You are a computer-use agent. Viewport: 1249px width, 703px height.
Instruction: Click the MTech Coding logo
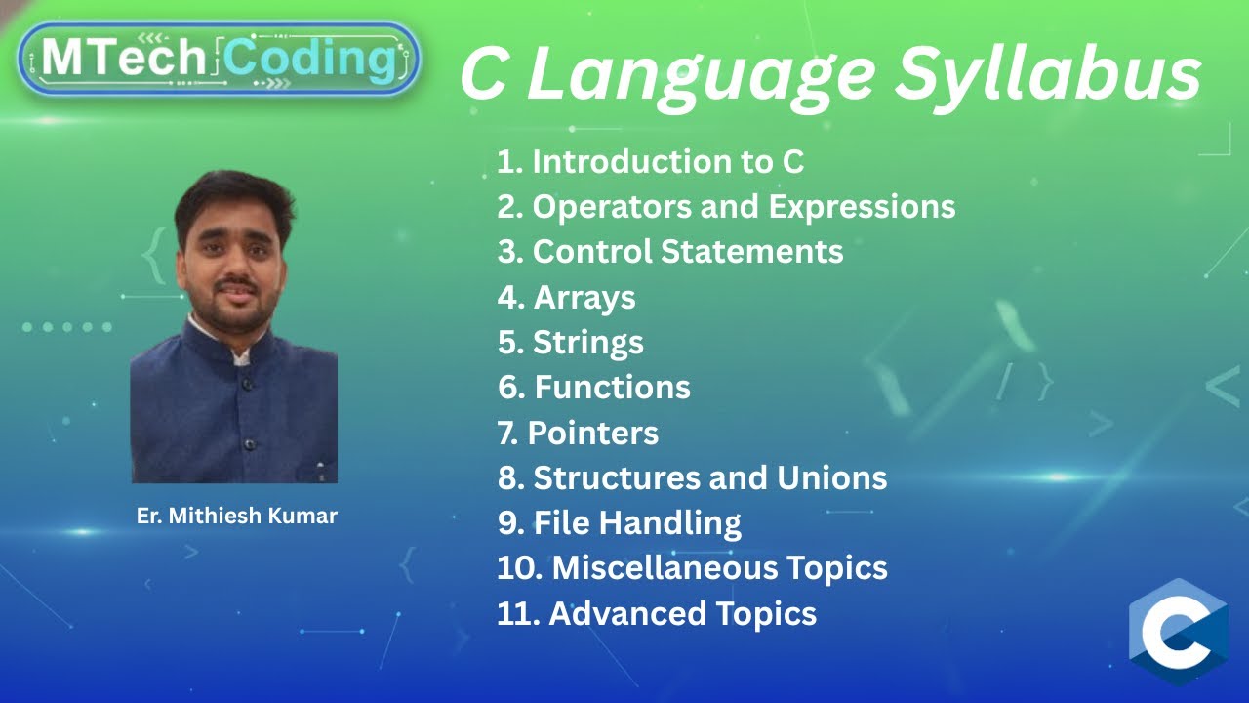point(219,60)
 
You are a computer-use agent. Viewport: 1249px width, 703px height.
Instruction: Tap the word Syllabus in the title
point(1048,74)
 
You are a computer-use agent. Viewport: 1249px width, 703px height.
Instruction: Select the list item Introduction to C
point(651,161)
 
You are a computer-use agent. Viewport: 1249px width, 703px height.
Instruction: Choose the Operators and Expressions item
point(726,206)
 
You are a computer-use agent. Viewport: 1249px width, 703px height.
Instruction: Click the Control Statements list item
point(670,251)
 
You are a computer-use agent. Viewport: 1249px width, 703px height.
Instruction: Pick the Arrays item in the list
point(567,297)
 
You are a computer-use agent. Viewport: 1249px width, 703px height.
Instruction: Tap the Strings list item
point(571,342)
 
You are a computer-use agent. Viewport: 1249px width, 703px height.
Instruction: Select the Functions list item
point(594,387)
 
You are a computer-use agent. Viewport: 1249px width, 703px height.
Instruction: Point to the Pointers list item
point(579,433)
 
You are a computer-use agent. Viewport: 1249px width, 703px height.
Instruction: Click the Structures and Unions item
point(692,477)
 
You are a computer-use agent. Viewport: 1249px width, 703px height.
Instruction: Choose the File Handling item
point(620,522)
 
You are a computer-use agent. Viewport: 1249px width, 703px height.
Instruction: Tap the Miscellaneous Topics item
point(692,567)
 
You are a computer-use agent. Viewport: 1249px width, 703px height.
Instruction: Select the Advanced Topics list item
point(657,613)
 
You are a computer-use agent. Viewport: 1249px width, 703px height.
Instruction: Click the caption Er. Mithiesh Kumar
point(237,517)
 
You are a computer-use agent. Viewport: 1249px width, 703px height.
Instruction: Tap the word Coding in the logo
point(310,60)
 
